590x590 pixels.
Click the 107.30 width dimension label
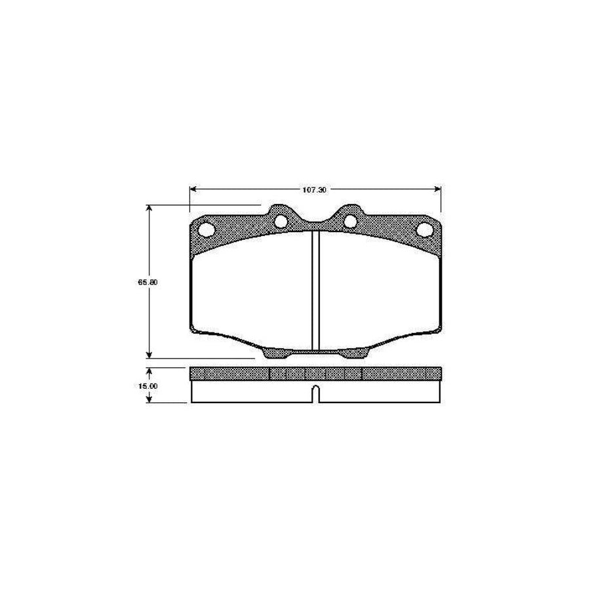click(x=315, y=189)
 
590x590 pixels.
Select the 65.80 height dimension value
click(x=146, y=282)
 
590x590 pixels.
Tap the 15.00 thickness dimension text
click(x=147, y=385)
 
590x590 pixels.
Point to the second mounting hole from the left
click(x=281, y=221)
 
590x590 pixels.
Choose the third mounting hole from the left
click(x=350, y=221)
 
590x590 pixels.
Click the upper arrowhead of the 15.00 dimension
click(x=150, y=371)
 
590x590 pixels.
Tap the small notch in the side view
click(x=315, y=393)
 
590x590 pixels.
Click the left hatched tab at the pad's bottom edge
click(x=275, y=353)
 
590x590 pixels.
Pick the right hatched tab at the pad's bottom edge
click(x=355, y=353)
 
